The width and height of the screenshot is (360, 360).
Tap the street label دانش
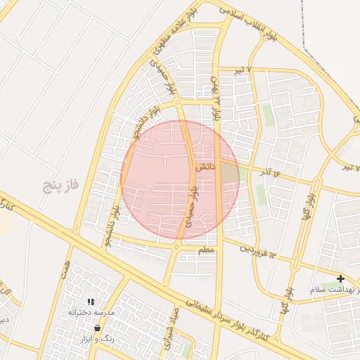pyautogui.click(x=205, y=167)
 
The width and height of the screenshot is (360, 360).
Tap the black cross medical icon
pyautogui.click(x=341, y=279)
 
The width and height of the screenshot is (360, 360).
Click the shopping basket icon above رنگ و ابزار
pyautogui.click(x=97, y=328)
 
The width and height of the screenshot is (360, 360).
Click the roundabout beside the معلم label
pyautogui.click(x=176, y=247)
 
